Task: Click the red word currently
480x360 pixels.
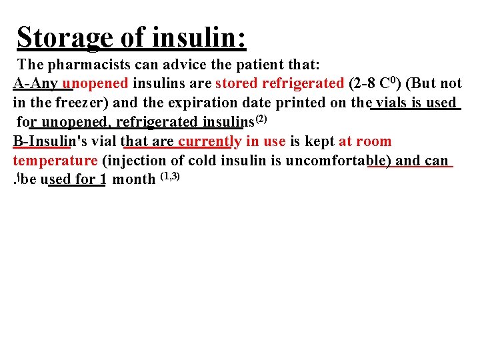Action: pyautogui.click(x=209, y=141)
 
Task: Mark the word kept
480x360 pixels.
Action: pyautogui.click(x=319, y=141)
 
